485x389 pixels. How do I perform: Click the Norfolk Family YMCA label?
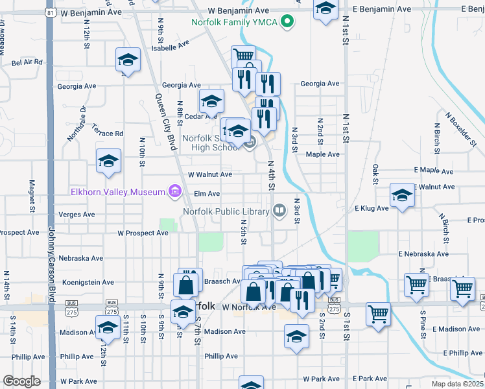pyautogui.click(x=233, y=23)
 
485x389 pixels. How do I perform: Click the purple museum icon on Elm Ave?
pyautogui.click(x=173, y=191)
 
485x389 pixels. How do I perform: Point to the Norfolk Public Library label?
pyautogui.click(x=226, y=211)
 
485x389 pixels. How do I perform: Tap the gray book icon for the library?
pyautogui.click(x=279, y=209)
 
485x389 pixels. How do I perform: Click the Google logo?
pyautogui.click(x=22, y=381)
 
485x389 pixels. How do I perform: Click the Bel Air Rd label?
pyautogui.click(x=27, y=62)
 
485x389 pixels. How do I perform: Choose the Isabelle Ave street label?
pyautogui.click(x=170, y=47)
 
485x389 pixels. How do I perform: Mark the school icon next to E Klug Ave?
pyautogui.click(x=402, y=195)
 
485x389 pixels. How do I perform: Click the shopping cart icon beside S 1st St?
pyautogui.click(x=377, y=314)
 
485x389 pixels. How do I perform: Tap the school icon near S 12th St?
pyautogui.click(x=108, y=326)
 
